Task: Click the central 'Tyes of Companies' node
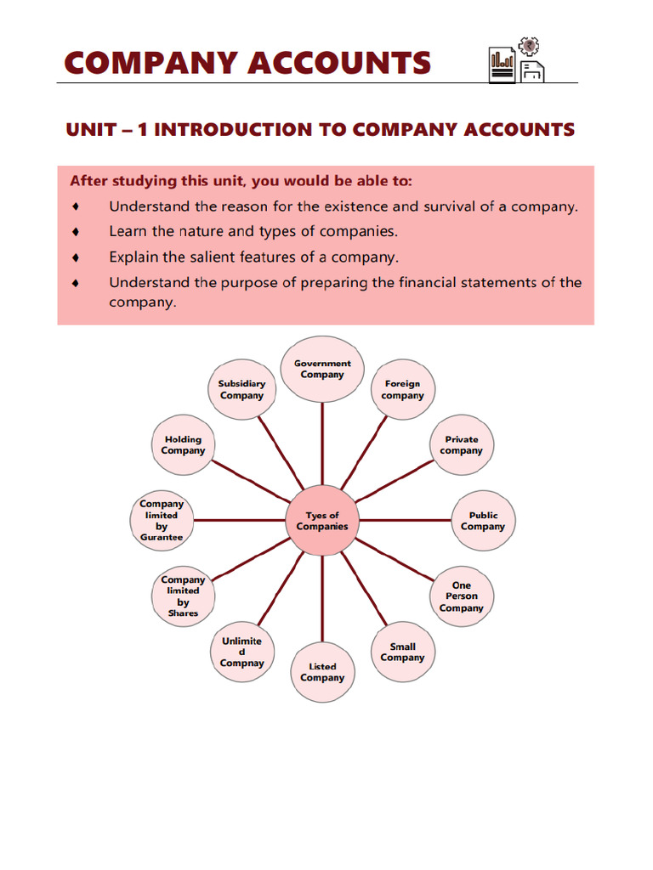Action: click(x=322, y=521)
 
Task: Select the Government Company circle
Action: click(x=322, y=369)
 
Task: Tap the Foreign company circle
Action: click(x=402, y=390)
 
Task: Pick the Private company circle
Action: click(x=462, y=445)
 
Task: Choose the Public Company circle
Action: click(x=482, y=521)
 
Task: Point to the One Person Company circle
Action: click(x=462, y=596)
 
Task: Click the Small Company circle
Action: click(x=402, y=652)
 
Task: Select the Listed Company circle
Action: click(x=322, y=672)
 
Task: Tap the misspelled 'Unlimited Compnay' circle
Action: click(x=241, y=652)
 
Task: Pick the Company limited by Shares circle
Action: click(x=183, y=596)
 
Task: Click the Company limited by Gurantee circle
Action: click(x=162, y=521)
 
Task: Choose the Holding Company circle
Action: click(x=183, y=445)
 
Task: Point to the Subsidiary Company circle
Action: click(x=241, y=390)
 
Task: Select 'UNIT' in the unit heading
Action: click(x=88, y=130)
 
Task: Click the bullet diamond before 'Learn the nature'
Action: click(x=77, y=231)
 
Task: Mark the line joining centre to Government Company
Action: click(x=322, y=442)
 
